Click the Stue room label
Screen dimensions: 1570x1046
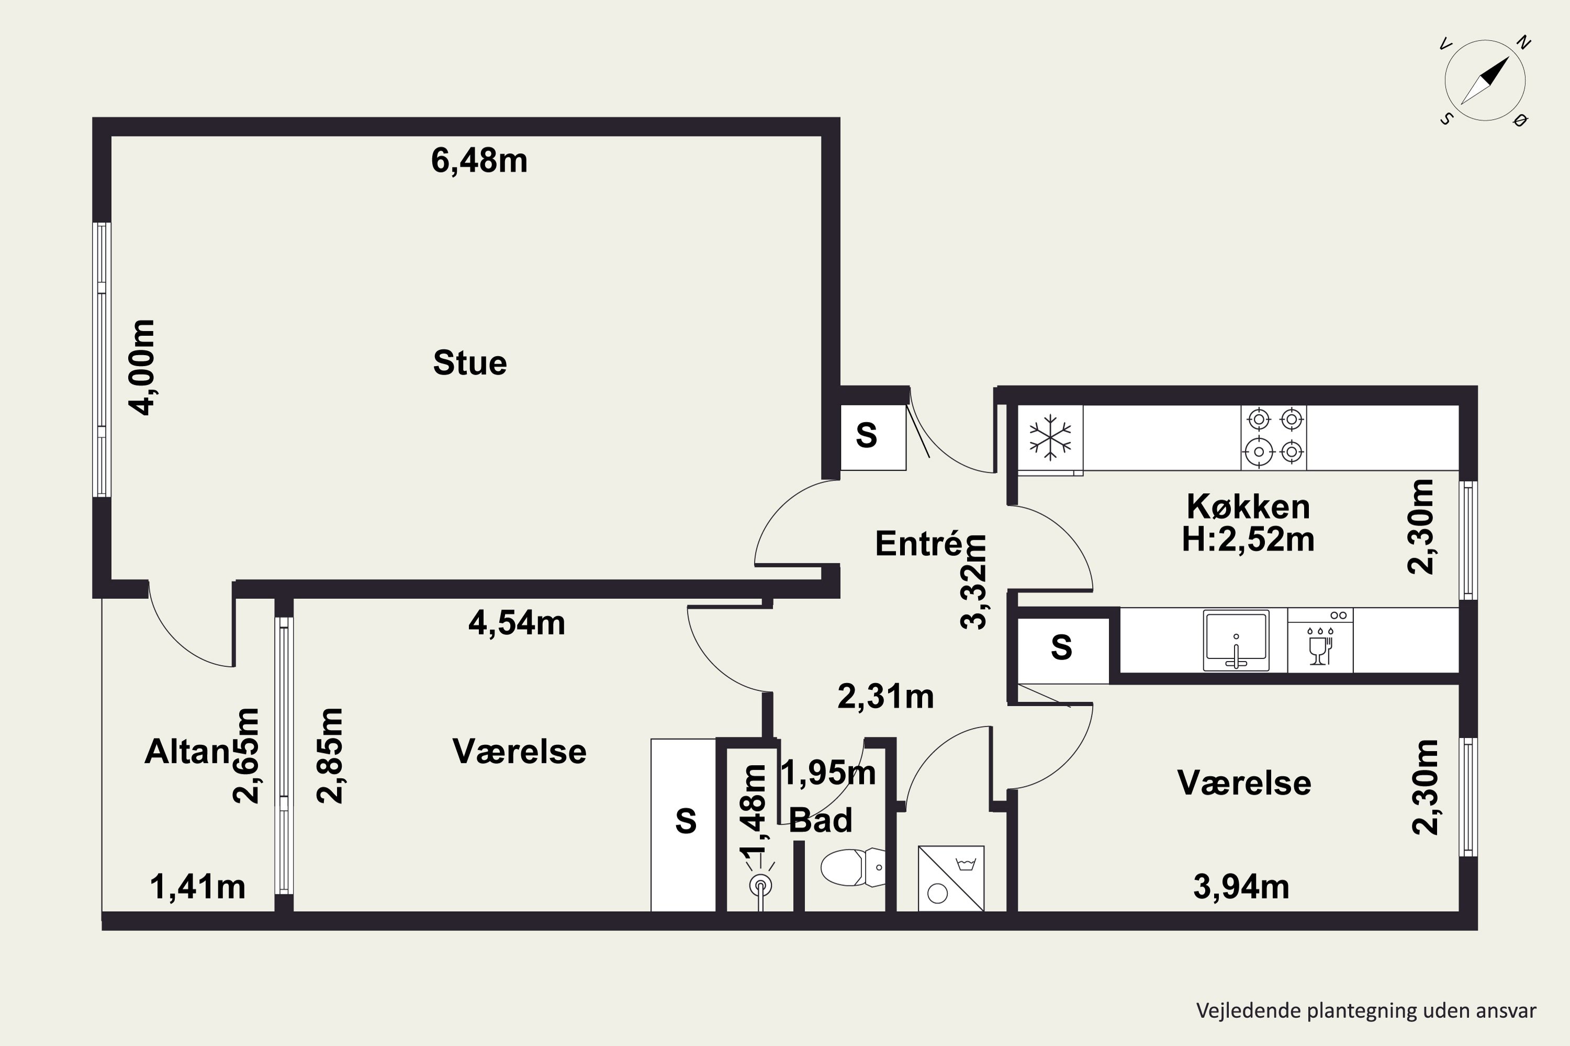470,363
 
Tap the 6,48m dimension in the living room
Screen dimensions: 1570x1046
479,161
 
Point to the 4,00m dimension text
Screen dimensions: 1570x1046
142,368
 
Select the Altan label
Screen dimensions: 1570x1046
187,752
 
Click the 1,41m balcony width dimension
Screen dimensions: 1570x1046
198,887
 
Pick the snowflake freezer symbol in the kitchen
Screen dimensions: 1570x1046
1050,438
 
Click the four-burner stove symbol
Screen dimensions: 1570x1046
1274,438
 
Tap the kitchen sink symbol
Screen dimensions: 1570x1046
1236,640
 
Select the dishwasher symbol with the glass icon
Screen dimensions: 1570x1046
1320,640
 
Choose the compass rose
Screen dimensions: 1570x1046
1485,81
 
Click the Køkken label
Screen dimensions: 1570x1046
1248,507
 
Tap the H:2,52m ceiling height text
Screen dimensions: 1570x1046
1248,540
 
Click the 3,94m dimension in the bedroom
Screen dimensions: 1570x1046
1241,887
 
